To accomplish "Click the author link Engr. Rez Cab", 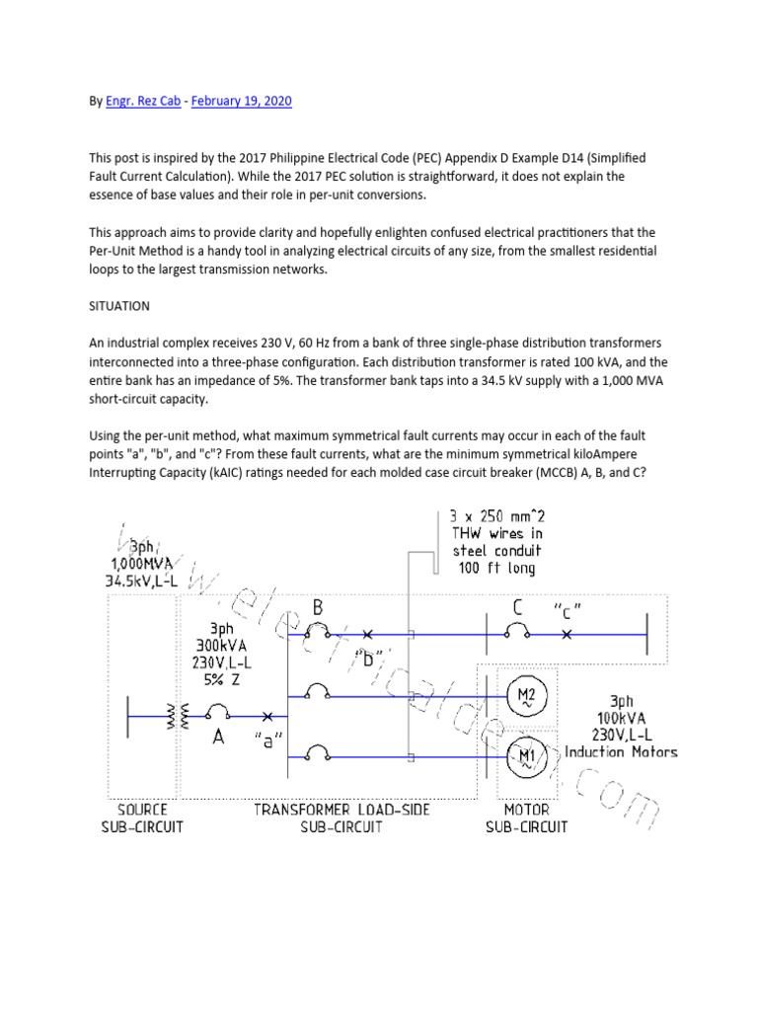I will coord(143,101).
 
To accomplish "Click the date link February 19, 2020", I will coord(243,101).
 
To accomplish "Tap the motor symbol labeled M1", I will coord(525,757).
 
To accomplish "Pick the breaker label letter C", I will coord(518,605).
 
